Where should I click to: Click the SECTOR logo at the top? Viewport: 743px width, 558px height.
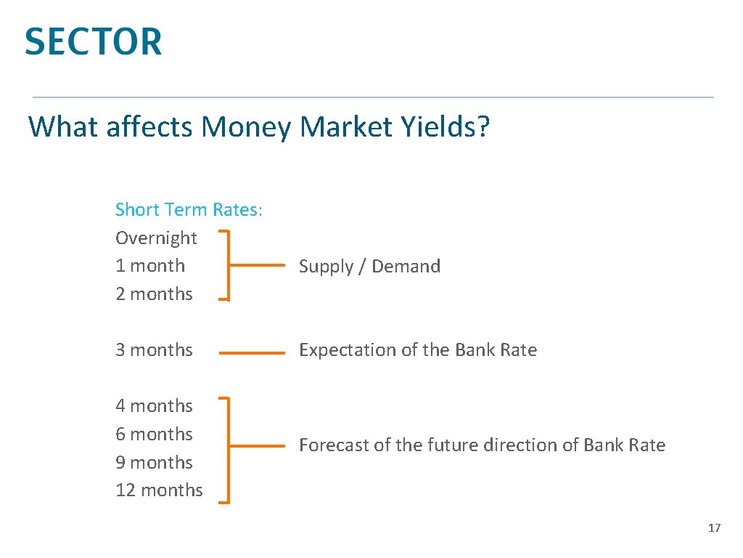tap(93, 41)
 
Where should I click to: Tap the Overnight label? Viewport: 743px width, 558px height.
tap(156, 238)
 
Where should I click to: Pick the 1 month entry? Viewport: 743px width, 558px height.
tap(150, 266)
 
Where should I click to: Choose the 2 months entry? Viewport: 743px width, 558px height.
tap(154, 294)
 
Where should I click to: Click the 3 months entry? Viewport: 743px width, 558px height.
tap(154, 350)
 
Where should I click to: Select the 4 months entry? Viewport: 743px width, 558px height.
tap(154, 406)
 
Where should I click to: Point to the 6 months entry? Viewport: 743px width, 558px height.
tap(154, 434)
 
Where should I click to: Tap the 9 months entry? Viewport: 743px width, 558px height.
tap(154, 463)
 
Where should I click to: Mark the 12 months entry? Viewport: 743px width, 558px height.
tap(159, 490)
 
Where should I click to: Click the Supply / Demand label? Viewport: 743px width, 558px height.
tap(369, 267)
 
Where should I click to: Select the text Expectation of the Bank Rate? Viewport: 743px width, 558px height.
tap(417, 350)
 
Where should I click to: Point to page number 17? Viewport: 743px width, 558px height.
tap(714, 528)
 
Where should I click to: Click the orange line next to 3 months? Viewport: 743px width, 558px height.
tap(252, 353)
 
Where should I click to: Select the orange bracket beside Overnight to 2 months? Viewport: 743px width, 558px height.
tap(229, 266)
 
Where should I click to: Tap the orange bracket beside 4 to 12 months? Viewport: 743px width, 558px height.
tap(229, 450)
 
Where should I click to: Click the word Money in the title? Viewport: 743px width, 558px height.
tap(246, 127)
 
